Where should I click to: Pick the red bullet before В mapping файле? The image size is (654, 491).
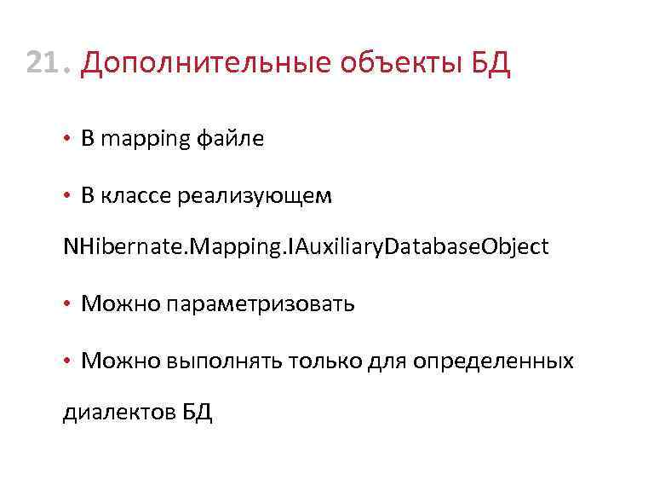[67, 140]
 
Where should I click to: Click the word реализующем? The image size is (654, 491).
[255, 196]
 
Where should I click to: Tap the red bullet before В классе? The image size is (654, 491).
[67, 196]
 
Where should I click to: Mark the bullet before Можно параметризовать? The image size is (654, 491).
[67, 304]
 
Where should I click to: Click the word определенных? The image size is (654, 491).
[493, 361]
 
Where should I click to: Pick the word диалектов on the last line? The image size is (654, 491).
[118, 413]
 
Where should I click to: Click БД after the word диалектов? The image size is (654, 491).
[197, 413]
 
